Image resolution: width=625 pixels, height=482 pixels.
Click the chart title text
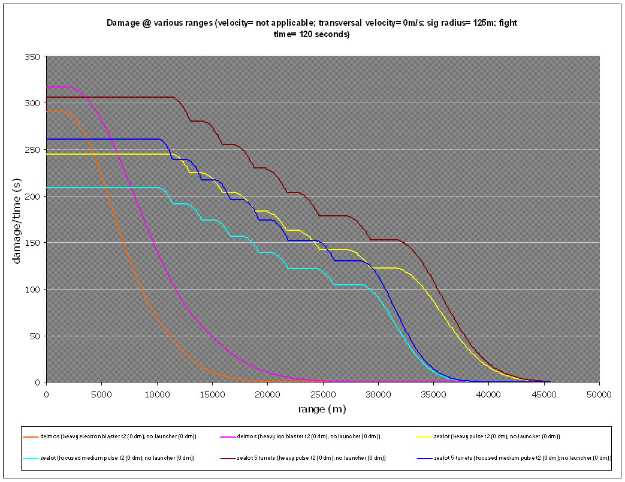click(312, 28)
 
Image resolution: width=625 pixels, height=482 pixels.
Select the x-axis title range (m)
click(322, 409)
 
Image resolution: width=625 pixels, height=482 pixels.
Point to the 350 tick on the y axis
click(32, 56)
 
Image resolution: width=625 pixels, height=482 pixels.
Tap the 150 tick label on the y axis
click(32, 243)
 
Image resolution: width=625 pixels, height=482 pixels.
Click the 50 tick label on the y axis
click(35, 336)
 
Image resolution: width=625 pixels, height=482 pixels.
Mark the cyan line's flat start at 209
click(102, 188)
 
